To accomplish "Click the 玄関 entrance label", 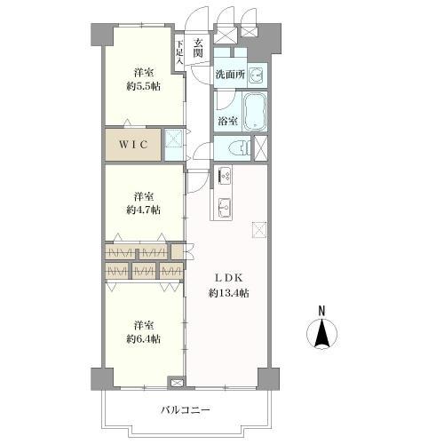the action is click(198, 48).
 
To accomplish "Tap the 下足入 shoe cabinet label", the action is click(179, 52).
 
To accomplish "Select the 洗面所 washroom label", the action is click(230, 75).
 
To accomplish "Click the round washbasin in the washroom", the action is click(256, 75).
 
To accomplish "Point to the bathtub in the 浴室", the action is click(255, 111).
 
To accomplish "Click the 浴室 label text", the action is click(227, 121).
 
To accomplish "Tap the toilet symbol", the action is click(241, 147).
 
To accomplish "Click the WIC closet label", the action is click(133, 145).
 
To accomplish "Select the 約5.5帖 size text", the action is click(144, 86).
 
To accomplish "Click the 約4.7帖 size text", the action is click(144, 210).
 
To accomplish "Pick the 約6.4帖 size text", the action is click(144, 338).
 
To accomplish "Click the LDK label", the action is click(229, 278).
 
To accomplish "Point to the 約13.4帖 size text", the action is click(229, 293).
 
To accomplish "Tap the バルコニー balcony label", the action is click(186, 410).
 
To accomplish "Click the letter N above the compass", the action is click(321, 311).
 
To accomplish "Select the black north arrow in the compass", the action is click(321, 334).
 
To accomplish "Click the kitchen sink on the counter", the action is click(226, 207).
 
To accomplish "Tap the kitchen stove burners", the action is click(226, 175).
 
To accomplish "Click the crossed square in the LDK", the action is click(259, 230).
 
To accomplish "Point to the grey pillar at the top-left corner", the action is click(102, 35).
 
